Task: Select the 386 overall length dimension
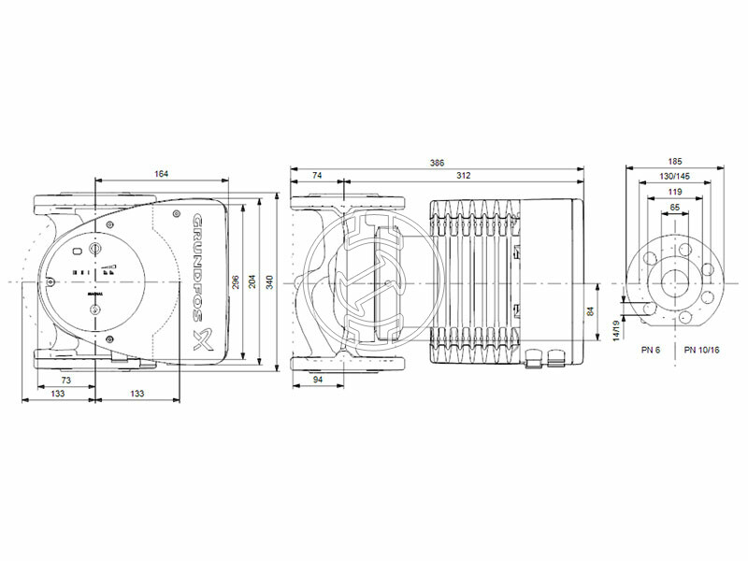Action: coord(437,163)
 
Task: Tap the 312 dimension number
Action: coord(463,176)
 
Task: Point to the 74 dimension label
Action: coord(316,176)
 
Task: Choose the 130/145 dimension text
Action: coord(675,176)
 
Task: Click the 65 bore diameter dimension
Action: coord(675,206)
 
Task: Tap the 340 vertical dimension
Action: coord(269,280)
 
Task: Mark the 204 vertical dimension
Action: coord(252,280)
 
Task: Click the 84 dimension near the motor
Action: coord(590,312)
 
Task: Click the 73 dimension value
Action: coord(66,381)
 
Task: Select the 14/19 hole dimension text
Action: coord(616,330)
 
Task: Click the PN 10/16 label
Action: coord(701,350)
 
